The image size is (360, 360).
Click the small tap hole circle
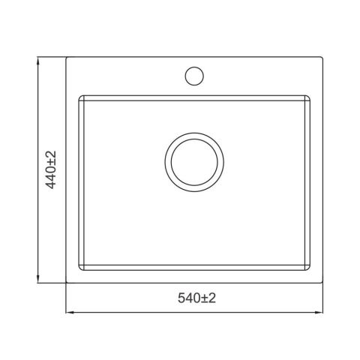pyautogui.click(x=193, y=76)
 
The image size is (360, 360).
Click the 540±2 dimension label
pyautogui.click(x=196, y=298)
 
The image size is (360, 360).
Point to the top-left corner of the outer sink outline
pyautogui.click(x=67, y=58)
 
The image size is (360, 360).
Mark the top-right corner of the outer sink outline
pyautogui.click(x=322, y=58)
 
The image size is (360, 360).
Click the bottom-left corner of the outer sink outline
pyautogui.click(x=67, y=283)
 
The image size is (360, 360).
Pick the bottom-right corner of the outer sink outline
pyautogui.click(x=322, y=283)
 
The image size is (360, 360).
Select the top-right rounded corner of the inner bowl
pyautogui.click(x=309, y=97)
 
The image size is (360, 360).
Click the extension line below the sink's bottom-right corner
pyautogui.click(x=322, y=300)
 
